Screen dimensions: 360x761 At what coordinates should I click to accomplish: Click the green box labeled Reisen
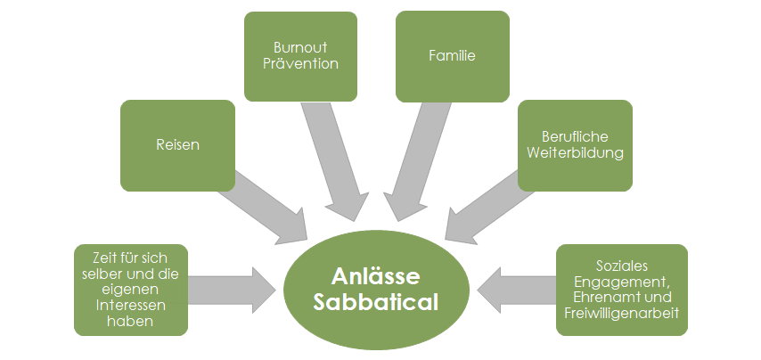point(177,145)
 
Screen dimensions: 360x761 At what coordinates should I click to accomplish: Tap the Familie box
point(452,55)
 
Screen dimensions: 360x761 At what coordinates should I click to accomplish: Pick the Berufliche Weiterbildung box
point(575,145)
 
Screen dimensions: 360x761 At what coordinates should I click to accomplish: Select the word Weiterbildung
point(575,153)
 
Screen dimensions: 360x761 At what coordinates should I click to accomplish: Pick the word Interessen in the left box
point(131,306)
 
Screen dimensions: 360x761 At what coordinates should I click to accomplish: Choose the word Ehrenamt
point(602,297)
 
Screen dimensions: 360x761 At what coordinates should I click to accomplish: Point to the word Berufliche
point(575,137)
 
